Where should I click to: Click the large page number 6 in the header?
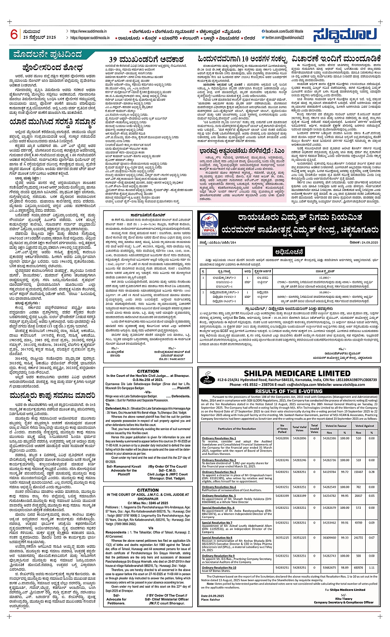tap(14, 34)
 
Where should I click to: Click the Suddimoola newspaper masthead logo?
tap(345, 35)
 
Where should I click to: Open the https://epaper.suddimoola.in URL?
tap(90, 38)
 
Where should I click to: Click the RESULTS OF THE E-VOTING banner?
tap(288, 391)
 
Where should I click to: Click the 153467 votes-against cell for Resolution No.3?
tap(359, 472)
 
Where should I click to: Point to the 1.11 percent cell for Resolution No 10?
tap(371, 567)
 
